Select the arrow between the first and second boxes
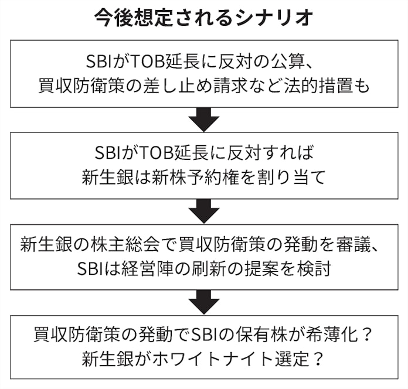(204, 121)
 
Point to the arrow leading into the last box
(204, 302)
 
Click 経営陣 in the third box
(152, 269)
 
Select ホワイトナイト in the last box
(200, 360)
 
